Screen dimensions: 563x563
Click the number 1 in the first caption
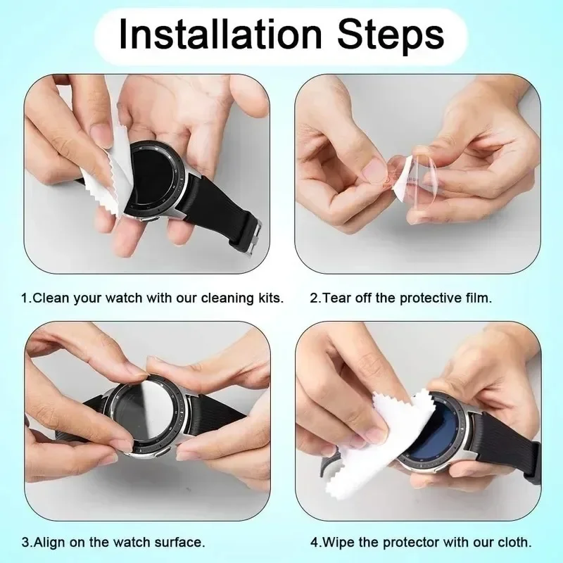25,298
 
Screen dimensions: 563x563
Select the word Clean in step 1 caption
50,298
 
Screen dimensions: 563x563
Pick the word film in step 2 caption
479,298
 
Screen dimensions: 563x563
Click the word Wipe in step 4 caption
335,543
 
